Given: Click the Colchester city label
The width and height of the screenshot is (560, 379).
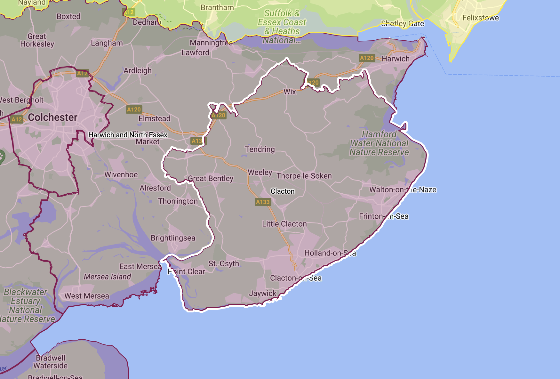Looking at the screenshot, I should [52, 117].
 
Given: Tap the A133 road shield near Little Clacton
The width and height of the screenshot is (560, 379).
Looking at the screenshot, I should [263, 202].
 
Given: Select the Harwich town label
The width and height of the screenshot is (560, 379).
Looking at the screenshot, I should [396, 59].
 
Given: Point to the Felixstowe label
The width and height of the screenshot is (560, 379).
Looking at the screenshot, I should [480, 18].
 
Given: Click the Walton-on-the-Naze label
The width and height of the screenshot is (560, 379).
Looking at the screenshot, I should [403, 190].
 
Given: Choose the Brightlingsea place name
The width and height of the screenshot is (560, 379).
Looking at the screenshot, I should [173, 238].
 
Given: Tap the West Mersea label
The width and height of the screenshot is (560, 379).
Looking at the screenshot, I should [87, 296].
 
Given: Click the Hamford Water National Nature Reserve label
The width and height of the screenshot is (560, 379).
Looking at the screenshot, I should [379, 143].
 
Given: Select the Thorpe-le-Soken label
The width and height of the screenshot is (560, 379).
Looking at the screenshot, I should [304, 176].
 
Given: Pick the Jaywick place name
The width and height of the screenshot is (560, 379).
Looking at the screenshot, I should [262, 294].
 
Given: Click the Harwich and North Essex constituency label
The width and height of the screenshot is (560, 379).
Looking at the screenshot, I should [128, 135].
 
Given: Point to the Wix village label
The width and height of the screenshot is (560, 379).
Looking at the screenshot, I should [290, 92].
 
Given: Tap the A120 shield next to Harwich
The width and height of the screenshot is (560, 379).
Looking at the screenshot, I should [367, 58].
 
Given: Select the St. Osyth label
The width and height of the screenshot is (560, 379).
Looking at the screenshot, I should [224, 264].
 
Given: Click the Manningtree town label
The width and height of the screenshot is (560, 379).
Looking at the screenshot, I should [211, 43].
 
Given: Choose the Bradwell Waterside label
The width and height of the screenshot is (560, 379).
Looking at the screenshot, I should [50, 362].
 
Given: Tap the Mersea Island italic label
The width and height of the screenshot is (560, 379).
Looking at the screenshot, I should [107, 277].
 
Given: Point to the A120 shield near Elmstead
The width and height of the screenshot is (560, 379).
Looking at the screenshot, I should [134, 109].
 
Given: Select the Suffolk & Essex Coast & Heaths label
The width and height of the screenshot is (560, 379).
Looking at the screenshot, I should [282, 27].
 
